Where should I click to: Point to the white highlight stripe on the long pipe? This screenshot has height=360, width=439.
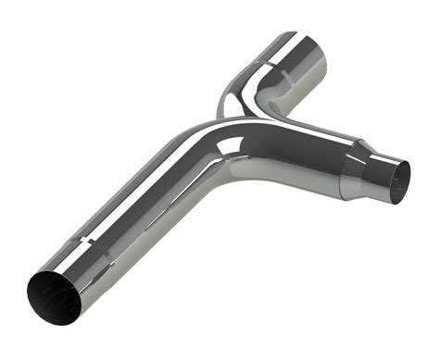[139, 185]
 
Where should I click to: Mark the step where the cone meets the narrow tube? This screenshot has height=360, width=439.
[374, 161]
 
